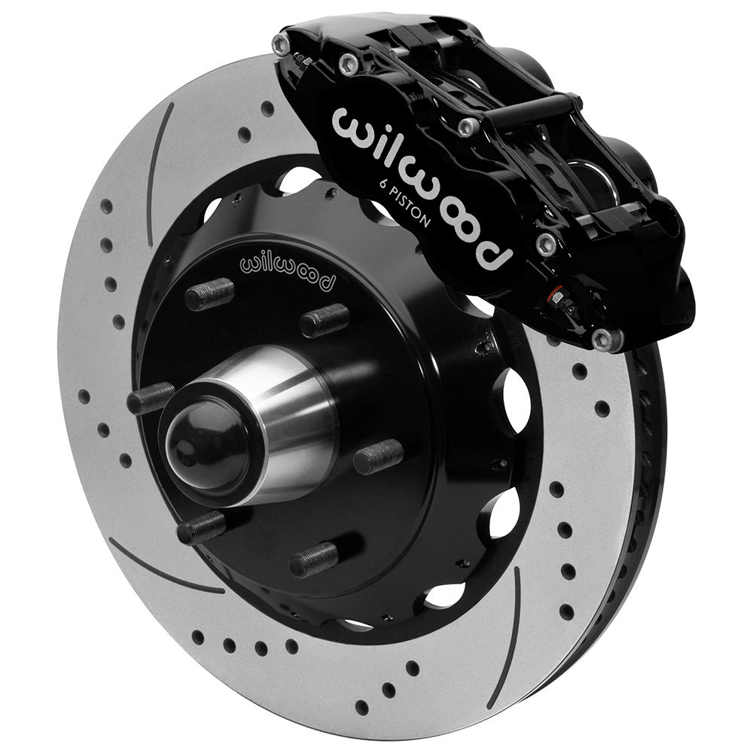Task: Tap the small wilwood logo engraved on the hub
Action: (288, 270)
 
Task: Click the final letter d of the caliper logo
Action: (496, 252)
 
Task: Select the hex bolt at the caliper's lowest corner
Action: (607, 340)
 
